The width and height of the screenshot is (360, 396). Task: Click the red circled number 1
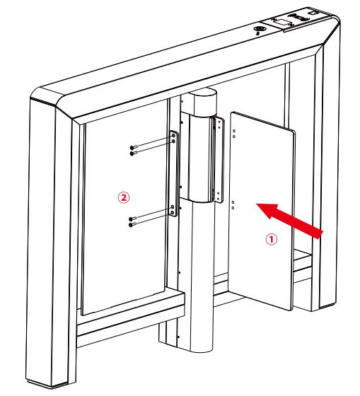(x=270, y=239)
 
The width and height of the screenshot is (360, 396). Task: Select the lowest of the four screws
(x=133, y=226)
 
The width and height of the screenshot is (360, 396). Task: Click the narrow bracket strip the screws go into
(x=173, y=180)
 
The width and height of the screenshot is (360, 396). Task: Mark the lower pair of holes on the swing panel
(x=233, y=205)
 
